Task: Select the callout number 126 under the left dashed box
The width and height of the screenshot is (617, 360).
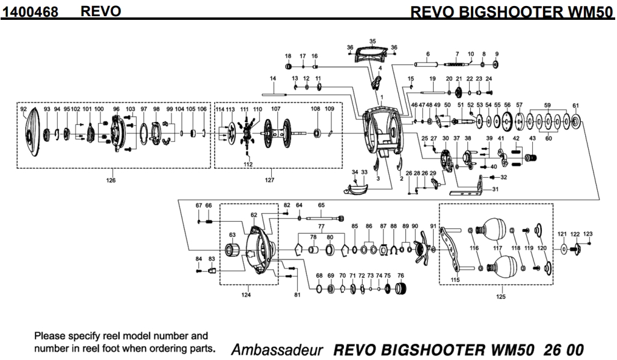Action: coord(111,180)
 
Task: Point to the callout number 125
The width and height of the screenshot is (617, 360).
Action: coord(501,296)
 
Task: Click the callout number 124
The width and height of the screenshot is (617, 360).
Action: coord(246,294)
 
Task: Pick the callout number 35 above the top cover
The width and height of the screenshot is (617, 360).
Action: coord(372,41)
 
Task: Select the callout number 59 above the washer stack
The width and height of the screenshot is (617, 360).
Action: coord(547,105)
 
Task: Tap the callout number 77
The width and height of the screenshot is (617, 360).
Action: coord(321,226)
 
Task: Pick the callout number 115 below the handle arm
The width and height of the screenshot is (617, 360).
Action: coord(455,279)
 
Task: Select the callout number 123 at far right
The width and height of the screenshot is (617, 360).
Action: coord(588,233)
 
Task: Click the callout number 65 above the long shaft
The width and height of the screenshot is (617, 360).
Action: coord(321,205)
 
